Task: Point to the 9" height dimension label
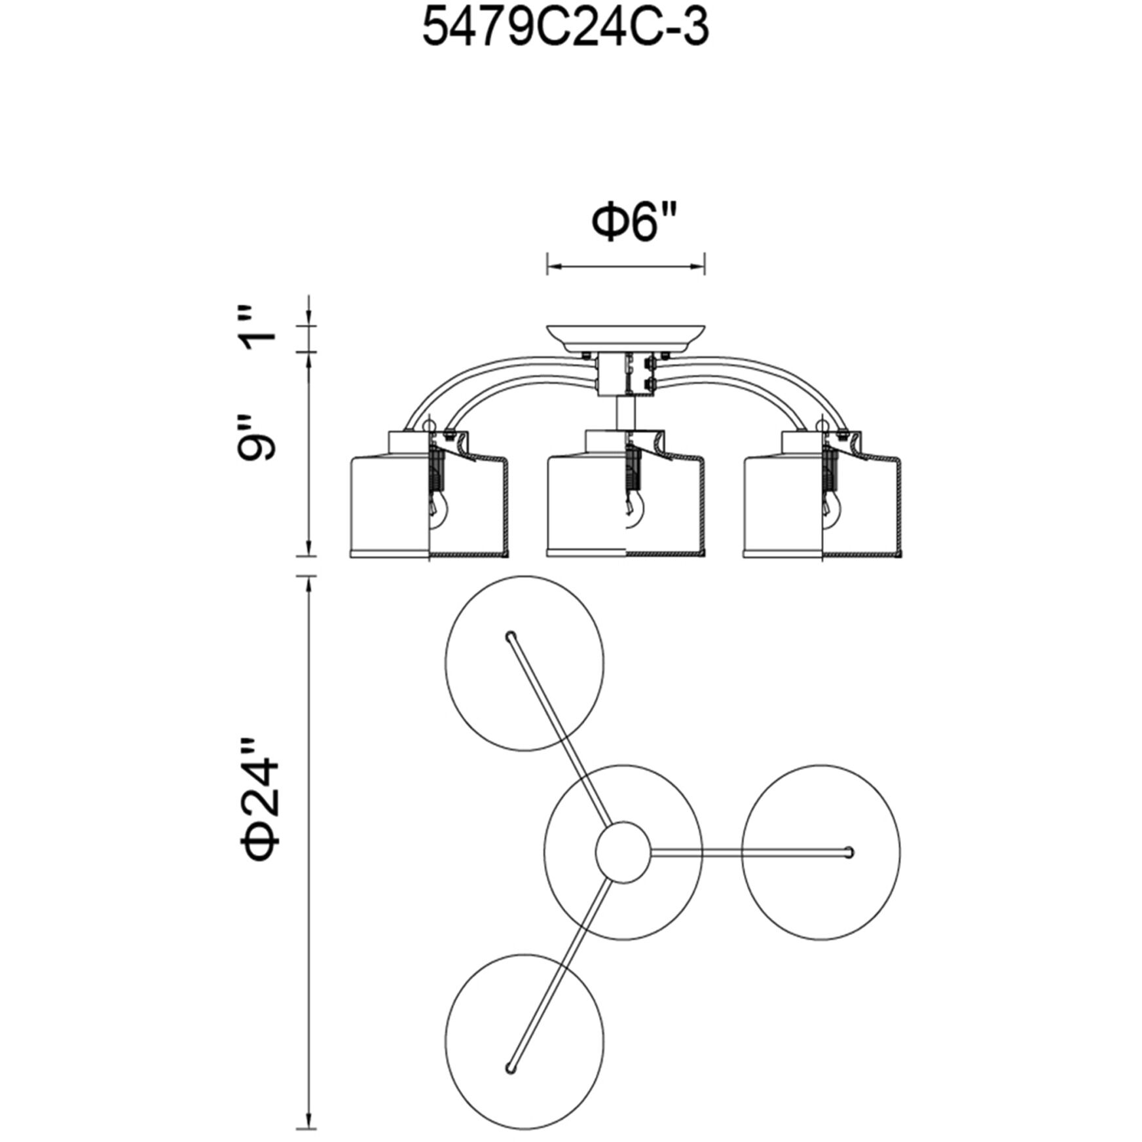(257, 437)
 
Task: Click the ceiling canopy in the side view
(626, 338)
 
